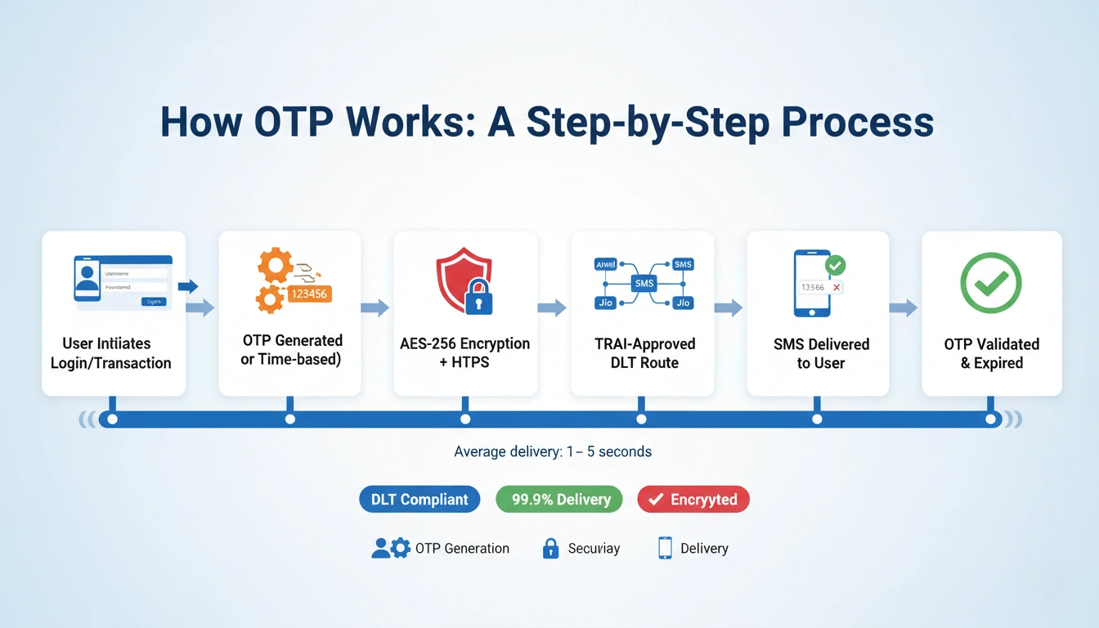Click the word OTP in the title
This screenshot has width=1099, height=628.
291,122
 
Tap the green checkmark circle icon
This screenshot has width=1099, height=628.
990,282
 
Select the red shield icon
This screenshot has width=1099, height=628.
462,279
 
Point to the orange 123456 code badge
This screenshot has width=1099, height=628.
309,294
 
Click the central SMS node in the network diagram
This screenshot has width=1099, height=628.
644,282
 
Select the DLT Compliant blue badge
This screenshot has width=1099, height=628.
419,500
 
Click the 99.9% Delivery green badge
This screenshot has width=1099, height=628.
559,500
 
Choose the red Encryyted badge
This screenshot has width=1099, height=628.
693,500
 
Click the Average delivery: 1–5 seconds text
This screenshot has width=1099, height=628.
553,451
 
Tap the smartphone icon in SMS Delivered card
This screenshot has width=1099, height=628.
812,283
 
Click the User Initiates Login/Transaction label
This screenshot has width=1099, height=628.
111,353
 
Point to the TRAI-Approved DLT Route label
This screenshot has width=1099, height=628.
644,353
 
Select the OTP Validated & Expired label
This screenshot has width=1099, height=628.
991,353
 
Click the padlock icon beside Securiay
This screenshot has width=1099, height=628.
551,548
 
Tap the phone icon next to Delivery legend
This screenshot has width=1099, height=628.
665,548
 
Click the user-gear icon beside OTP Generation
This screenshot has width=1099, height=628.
391,548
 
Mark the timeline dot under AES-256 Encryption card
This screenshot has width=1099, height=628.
465,419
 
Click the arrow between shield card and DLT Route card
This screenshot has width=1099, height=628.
552,308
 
